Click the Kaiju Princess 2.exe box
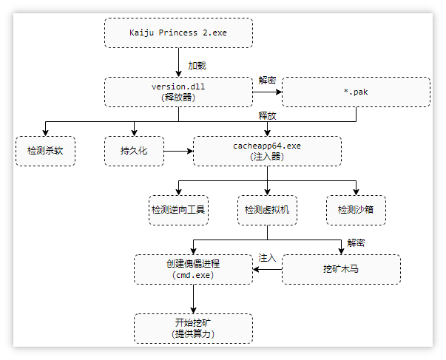(178, 33)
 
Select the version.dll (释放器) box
(178, 92)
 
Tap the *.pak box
(356, 92)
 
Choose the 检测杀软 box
(45, 151)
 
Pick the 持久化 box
(134, 151)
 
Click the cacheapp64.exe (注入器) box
(267, 151)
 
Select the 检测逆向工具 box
(178, 210)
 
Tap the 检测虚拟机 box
(267, 210)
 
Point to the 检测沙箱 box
(356, 210)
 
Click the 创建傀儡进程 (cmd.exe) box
(193, 269)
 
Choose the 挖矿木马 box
(341, 269)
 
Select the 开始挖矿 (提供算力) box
(193, 328)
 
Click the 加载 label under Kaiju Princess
(197, 64)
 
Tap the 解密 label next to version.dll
(267, 80)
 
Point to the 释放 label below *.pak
(267, 116)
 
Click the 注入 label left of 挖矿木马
(267, 258)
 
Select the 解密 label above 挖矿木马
(356, 242)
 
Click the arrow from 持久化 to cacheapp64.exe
(178, 151)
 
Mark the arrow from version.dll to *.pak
(267, 92)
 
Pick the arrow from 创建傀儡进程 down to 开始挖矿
(193, 299)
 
